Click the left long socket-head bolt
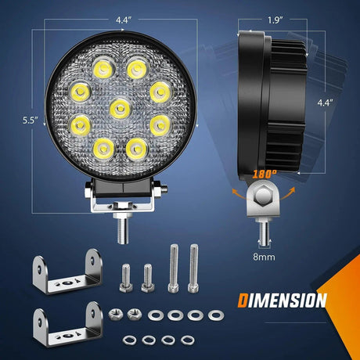[x=172, y=267]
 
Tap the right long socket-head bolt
[x=194, y=267]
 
